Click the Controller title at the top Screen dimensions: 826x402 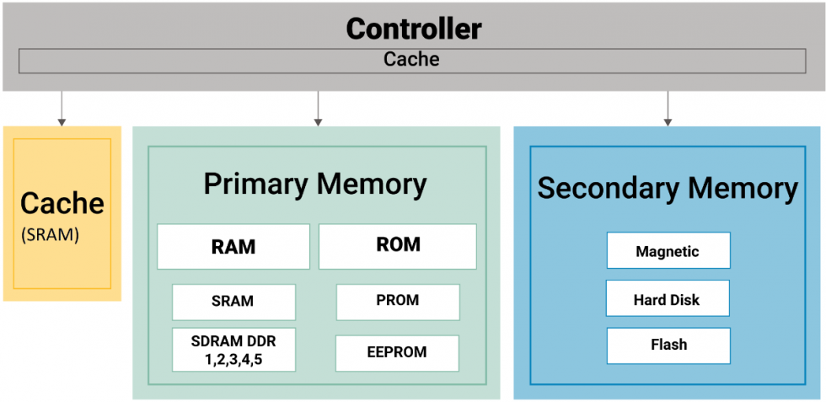[414, 29]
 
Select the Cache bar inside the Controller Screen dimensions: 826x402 [412, 61]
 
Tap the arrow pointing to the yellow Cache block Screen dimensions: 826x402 [62, 109]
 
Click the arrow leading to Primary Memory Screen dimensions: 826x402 [318, 109]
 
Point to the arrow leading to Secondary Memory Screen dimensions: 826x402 [668, 109]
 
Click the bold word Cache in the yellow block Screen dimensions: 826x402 [62, 203]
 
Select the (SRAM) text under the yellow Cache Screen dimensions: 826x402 [50, 235]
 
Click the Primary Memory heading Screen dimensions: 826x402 [315, 185]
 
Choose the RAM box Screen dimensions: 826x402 [233, 247]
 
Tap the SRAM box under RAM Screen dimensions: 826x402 [234, 302]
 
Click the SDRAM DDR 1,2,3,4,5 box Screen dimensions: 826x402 [234, 350]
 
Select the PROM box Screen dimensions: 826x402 [398, 302]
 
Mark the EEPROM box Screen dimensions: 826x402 [398, 352]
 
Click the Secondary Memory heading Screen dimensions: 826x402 [668, 189]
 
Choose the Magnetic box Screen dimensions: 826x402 [668, 250]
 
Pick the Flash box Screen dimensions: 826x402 [668, 346]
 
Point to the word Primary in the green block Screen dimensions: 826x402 [251, 185]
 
